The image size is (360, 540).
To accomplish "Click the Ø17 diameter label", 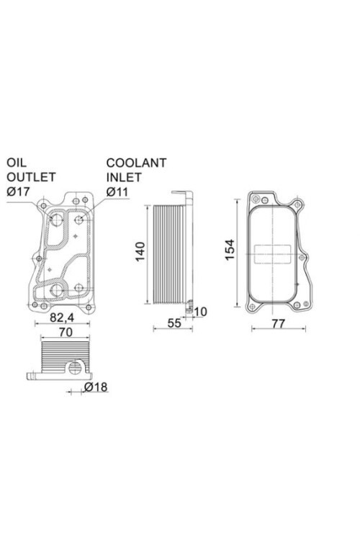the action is pyautogui.click(x=19, y=192).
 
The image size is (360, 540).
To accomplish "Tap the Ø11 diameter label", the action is pyautogui.click(x=117, y=192).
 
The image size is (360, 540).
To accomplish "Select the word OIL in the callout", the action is pyautogui.click(x=16, y=163).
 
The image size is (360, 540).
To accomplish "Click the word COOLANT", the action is pyautogui.click(x=136, y=163).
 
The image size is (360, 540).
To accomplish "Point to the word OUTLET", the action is pyautogui.click(x=31, y=177).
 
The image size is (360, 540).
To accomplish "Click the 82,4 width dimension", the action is pyautogui.click(x=62, y=317).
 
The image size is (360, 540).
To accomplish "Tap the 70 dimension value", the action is pyautogui.click(x=66, y=332).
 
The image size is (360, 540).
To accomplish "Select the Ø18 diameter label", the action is pyautogui.click(x=96, y=387).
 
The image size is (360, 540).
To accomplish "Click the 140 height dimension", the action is pyautogui.click(x=140, y=252).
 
